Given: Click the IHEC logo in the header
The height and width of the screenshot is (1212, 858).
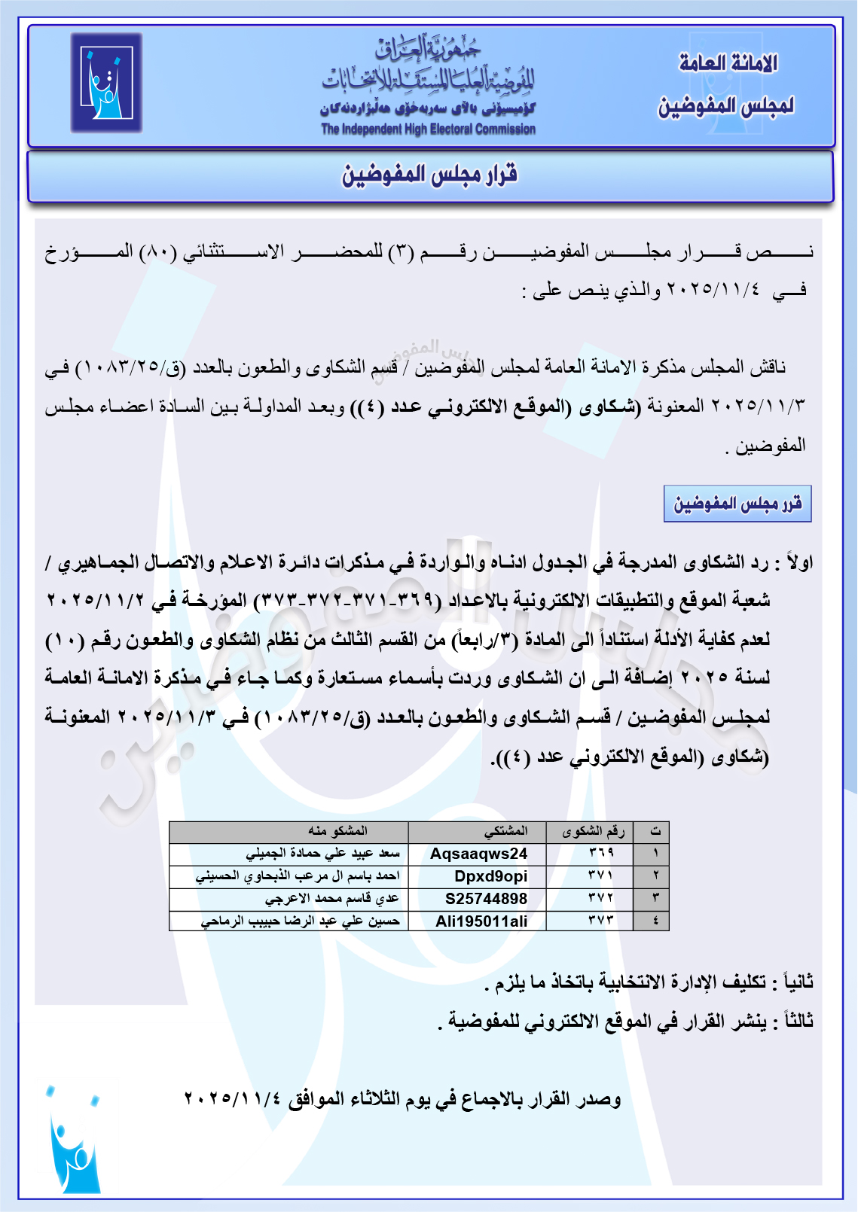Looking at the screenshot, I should (x=106, y=83).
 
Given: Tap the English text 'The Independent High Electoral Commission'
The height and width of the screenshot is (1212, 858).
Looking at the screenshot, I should (x=428, y=129).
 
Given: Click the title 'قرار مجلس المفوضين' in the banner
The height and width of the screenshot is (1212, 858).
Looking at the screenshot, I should (x=429, y=175).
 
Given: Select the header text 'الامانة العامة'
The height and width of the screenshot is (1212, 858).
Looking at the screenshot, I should (x=728, y=63).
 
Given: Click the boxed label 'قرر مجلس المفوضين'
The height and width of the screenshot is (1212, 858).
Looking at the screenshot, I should (x=737, y=504).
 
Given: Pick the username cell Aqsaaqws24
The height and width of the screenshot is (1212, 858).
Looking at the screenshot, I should (x=478, y=854).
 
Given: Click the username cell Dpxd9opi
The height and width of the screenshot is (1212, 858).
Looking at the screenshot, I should (x=490, y=876).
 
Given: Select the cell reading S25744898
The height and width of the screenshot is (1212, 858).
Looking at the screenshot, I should (x=486, y=899).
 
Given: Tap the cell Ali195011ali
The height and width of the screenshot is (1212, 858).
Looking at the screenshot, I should (x=481, y=921).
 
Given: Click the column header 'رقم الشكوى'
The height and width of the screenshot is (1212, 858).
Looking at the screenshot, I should (x=593, y=831).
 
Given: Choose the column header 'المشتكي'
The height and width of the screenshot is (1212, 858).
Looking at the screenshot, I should (x=505, y=831).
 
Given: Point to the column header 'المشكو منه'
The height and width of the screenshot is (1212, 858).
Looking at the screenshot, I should (x=337, y=831).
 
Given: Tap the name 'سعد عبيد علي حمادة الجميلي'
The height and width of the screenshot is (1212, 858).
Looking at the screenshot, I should (x=322, y=854).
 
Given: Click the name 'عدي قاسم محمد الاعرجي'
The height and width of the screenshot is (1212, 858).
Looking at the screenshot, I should (x=331, y=899).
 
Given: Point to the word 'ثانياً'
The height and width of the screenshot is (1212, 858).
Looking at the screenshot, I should (x=798, y=982).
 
